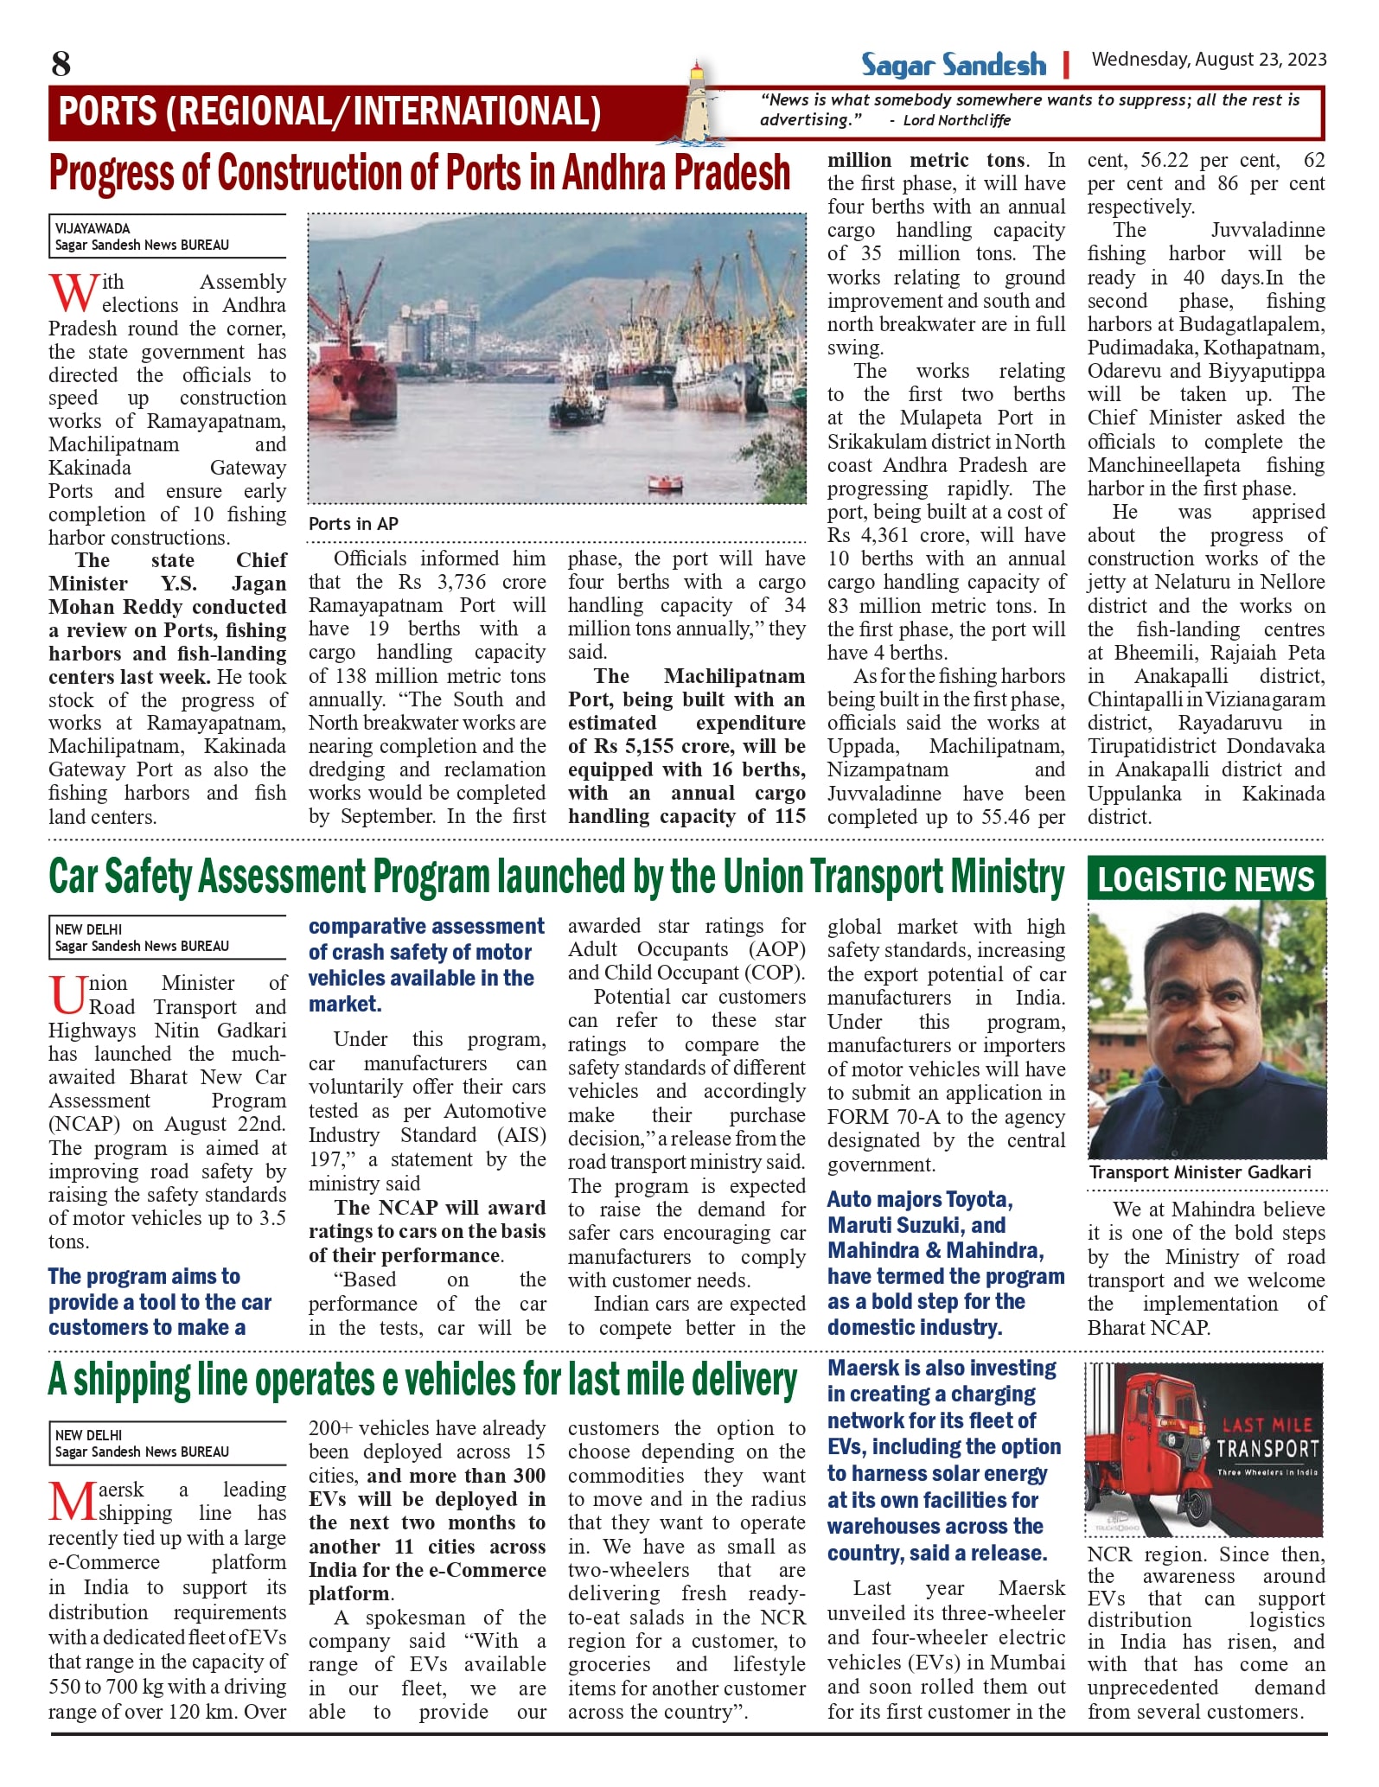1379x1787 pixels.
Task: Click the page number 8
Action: click(x=61, y=64)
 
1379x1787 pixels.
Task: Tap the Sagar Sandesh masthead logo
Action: click(x=953, y=65)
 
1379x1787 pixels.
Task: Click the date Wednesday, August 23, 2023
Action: click(x=1209, y=60)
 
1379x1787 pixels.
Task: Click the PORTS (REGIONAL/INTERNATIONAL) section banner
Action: click(x=329, y=112)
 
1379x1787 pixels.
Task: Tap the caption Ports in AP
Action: click(x=353, y=524)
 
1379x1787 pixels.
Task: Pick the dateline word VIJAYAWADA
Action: click(x=93, y=229)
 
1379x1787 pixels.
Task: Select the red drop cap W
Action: click(x=73, y=293)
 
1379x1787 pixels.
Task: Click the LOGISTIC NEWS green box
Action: click(x=1206, y=879)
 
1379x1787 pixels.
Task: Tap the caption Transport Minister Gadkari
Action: click(x=1200, y=1172)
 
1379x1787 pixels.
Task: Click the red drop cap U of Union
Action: click(x=67, y=994)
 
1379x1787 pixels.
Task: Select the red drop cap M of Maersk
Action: click(x=72, y=1502)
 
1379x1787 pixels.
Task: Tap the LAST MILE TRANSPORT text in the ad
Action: click(x=1267, y=1439)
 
